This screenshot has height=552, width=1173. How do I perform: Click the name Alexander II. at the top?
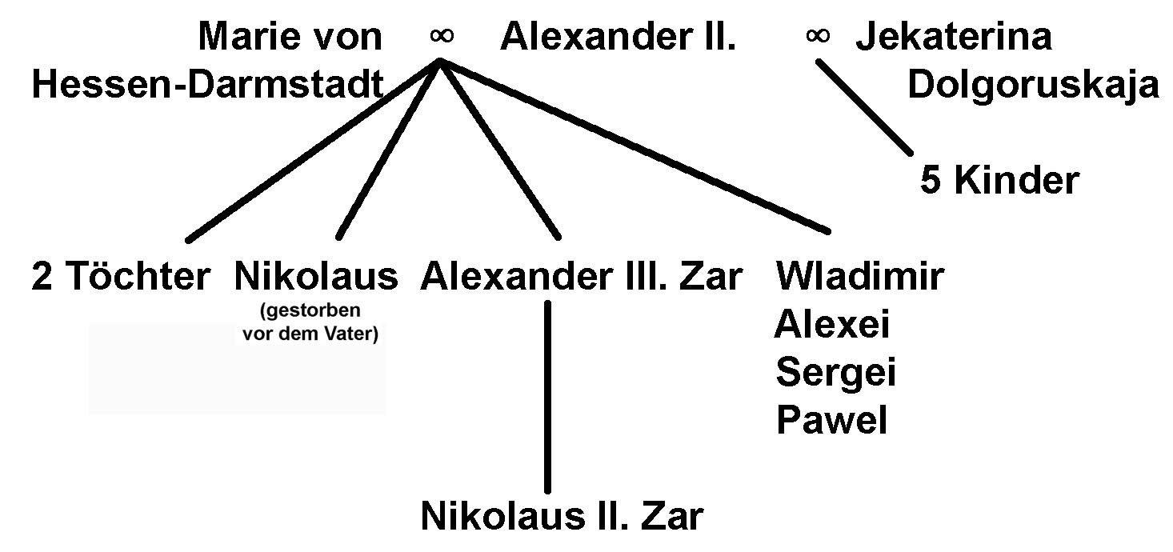tap(618, 37)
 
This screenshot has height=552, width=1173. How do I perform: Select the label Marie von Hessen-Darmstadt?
tap(208, 61)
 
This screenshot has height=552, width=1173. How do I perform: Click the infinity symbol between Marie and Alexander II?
tap(442, 36)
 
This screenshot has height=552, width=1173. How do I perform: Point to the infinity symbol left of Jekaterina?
tap(818, 36)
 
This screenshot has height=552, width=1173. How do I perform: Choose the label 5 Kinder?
tap(999, 180)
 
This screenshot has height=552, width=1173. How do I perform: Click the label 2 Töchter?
tap(121, 276)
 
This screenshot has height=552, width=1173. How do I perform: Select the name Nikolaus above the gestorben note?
tap(316, 276)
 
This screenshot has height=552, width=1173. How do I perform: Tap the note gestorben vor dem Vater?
tap(310, 322)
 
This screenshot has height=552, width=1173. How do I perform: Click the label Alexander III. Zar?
tap(581, 276)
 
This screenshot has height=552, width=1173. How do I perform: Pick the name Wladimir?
tap(860, 276)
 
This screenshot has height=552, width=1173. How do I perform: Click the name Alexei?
tap(831, 324)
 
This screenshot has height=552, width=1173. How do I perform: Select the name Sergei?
tap(836, 373)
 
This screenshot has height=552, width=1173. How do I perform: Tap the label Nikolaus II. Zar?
tap(562, 516)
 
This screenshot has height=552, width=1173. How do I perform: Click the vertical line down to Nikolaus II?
tap(548, 397)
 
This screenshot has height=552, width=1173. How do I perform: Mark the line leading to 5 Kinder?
tap(864, 107)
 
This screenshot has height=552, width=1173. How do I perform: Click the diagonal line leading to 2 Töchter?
tap(313, 151)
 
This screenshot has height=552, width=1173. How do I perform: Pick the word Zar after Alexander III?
tap(711, 276)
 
